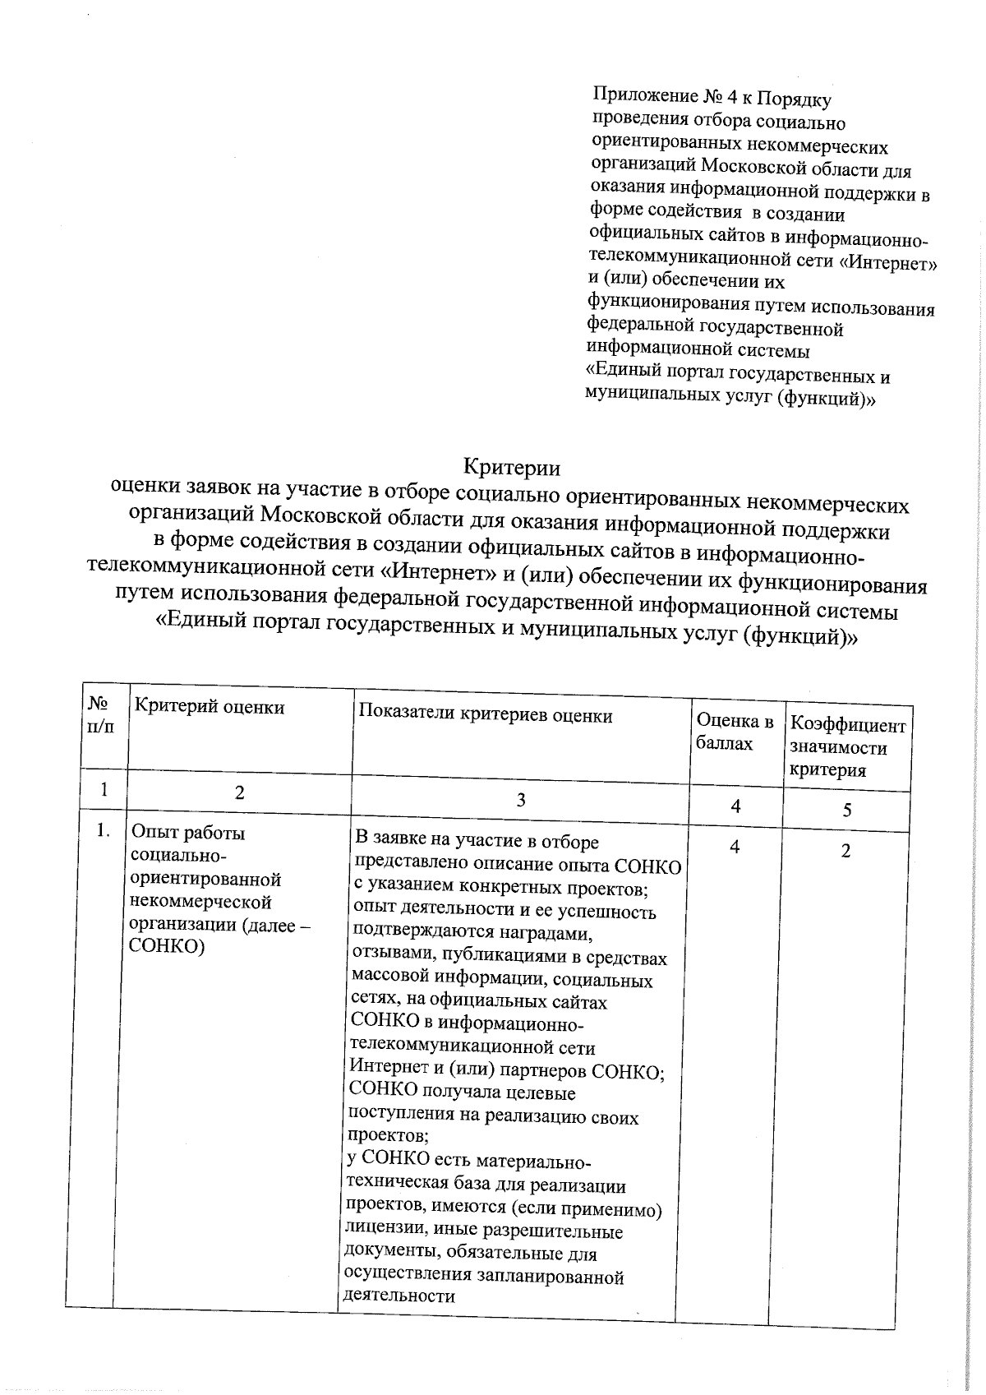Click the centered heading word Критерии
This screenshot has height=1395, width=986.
pos(512,468)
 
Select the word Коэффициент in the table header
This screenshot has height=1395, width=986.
pos(847,726)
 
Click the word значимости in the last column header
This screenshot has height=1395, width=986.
pos(838,748)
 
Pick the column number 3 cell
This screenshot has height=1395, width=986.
pos(520,800)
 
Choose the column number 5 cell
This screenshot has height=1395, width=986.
pos(846,811)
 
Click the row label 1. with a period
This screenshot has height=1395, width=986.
pos(103,831)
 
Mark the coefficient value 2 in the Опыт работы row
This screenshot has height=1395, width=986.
pos(845,851)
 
